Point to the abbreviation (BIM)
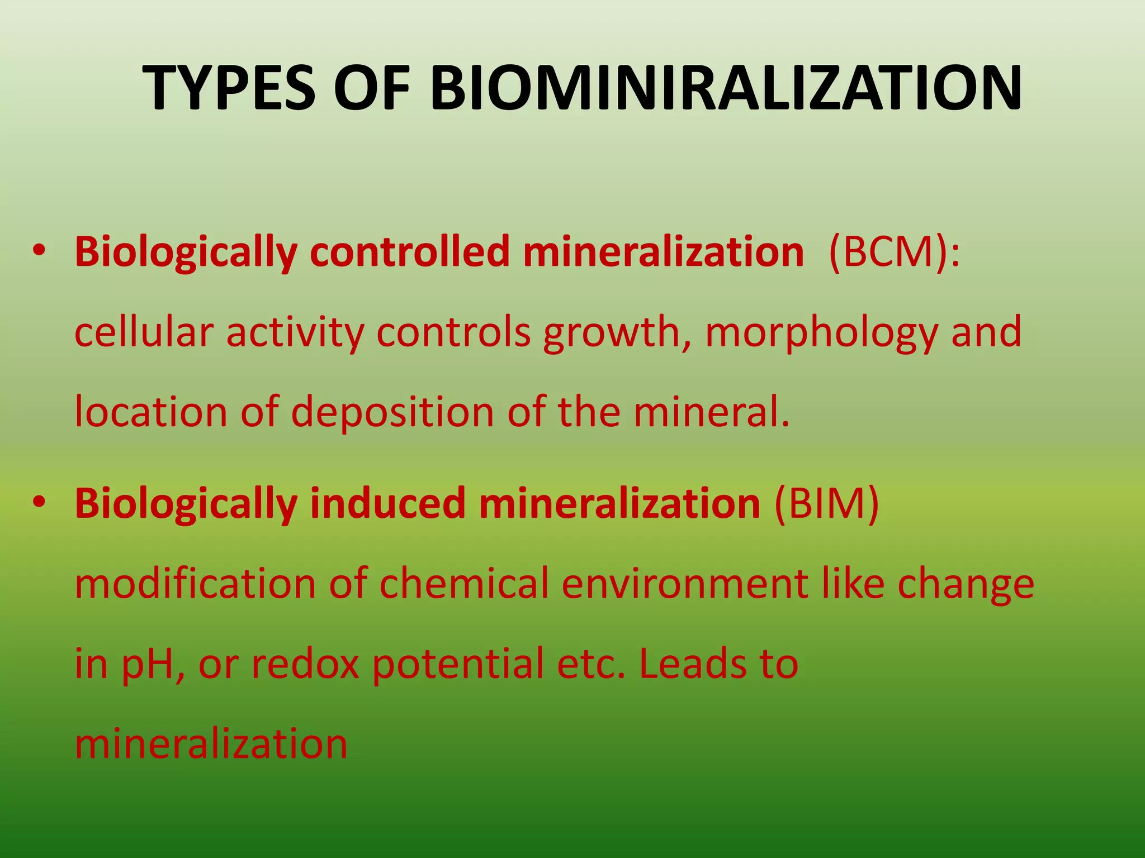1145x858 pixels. tap(827, 503)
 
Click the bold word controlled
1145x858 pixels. tap(409, 252)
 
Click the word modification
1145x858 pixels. tap(195, 584)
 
